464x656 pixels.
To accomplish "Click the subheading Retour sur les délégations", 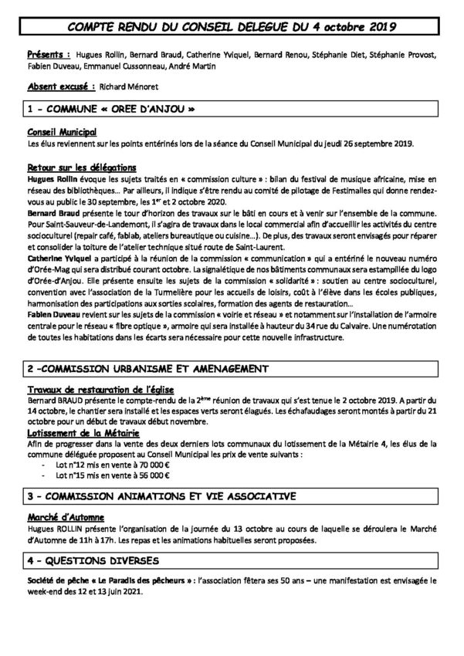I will tap(82, 167).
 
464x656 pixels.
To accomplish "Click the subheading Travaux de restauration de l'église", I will tap(100, 390).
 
